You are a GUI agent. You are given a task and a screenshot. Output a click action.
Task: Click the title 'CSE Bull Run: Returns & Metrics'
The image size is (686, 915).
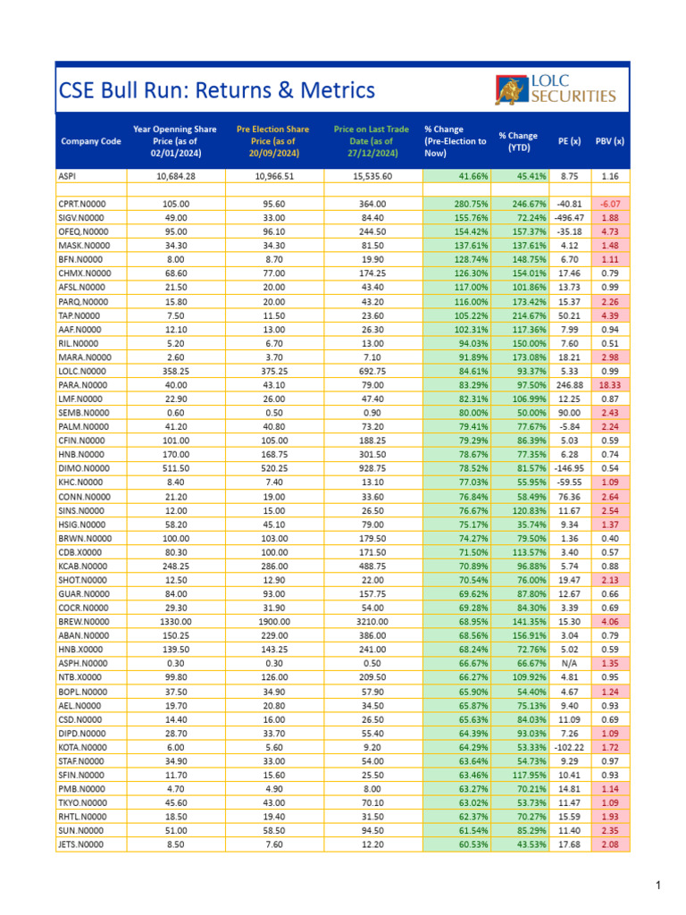[217, 90]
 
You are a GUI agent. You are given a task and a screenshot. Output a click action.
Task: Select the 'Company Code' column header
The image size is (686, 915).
[91, 141]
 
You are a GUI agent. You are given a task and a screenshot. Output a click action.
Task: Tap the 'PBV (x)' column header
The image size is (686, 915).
[609, 141]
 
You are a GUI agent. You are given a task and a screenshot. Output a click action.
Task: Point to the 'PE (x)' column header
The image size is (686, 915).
[569, 141]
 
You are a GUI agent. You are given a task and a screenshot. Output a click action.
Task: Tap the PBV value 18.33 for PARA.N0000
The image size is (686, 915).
[609, 384]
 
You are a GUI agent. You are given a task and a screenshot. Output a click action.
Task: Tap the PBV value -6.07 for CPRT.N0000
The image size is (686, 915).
[610, 205]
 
